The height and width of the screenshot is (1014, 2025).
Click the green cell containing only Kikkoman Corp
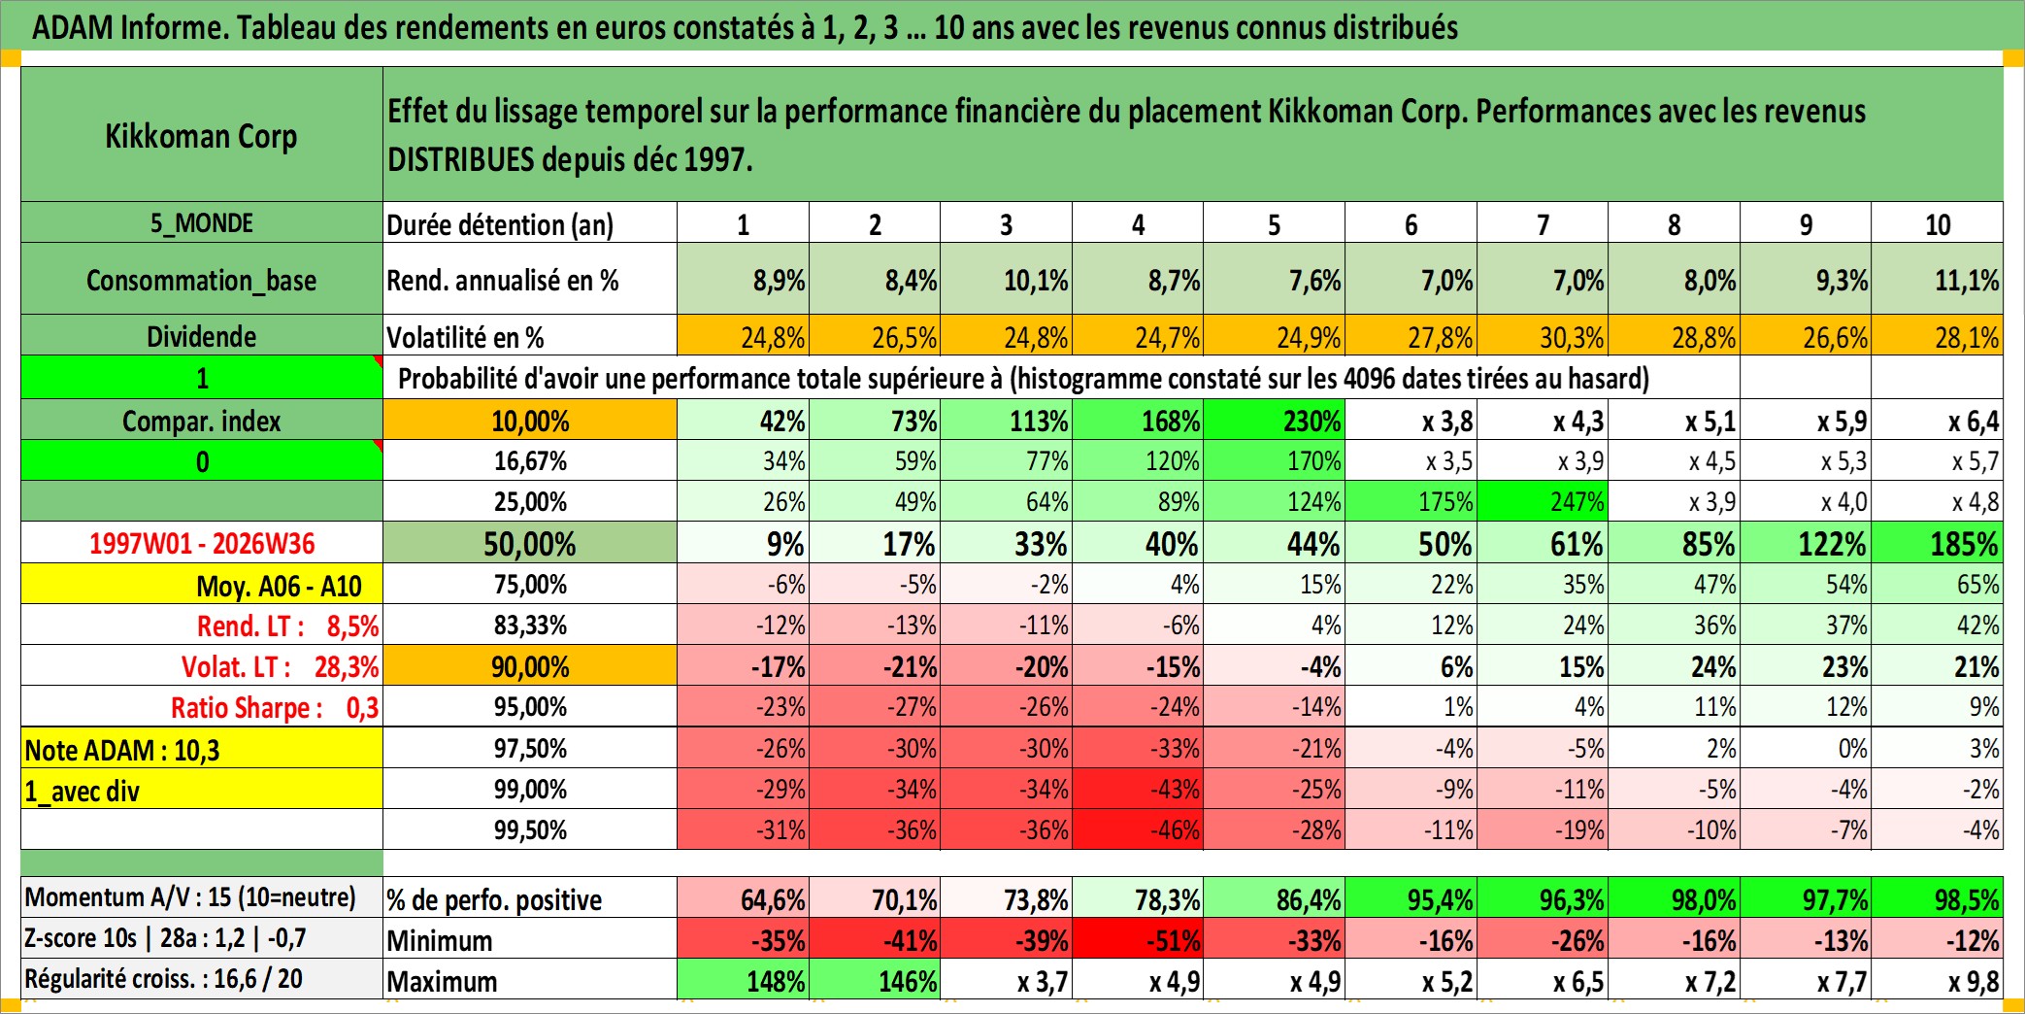pos(202,134)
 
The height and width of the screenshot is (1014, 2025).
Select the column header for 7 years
pos(1543,223)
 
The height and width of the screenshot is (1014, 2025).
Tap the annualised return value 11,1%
pos(1938,280)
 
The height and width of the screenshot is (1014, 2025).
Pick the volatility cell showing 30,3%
pos(1543,336)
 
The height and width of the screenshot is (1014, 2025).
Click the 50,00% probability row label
pos(530,543)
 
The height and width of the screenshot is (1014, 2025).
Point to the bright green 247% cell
pos(1543,501)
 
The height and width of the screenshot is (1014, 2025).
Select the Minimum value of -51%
pos(1138,939)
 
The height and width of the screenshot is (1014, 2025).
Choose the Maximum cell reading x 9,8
pos(1938,980)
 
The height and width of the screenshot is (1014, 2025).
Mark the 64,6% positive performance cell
pos(743,898)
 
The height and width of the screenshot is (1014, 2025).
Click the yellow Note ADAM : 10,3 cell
pos(202,749)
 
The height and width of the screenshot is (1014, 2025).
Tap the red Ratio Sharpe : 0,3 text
pos(275,708)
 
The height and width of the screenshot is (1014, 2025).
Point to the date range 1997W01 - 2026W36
pos(202,543)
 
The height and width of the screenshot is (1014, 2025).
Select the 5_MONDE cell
pos(202,222)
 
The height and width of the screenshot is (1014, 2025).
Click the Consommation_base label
pos(202,280)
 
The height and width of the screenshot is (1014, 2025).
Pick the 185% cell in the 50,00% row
pos(1938,543)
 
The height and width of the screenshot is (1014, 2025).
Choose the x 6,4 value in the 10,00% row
pos(1938,421)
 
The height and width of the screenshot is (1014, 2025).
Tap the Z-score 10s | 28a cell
pos(202,938)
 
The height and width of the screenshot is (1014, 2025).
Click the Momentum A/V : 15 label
pos(190,896)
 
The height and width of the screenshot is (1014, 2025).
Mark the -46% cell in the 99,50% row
pos(1138,829)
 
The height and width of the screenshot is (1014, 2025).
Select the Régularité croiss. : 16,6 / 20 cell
pos(202,979)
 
